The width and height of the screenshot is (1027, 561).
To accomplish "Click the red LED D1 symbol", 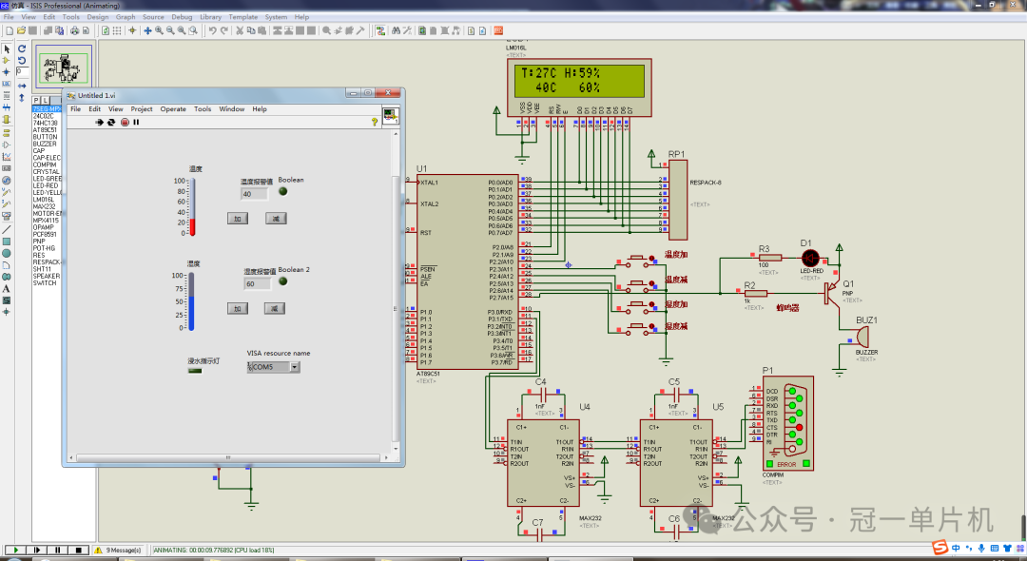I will pyautogui.click(x=810, y=257).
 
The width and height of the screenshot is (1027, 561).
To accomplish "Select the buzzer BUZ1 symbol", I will pyautogui.click(x=863, y=336).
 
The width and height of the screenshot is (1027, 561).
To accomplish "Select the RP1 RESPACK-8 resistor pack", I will pyautogui.click(x=677, y=199).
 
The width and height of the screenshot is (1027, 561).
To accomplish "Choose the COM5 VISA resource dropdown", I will pyautogui.click(x=273, y=367).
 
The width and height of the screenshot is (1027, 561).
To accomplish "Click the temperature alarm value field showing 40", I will pyautogui.click(x=253, y=194).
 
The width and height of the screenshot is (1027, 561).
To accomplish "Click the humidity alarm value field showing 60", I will pyautogui.click(x=257, y=283).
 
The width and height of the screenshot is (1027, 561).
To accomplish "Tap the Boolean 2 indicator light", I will pyautogui.click(x=281, y=283).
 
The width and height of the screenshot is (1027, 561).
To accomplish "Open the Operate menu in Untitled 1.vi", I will pyautogui.click(x=173, y=109).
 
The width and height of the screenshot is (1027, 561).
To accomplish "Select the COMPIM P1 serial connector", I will pyautogui.click(x=786, y=426).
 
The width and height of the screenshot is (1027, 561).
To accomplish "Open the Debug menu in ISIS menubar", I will pyautogui.click(x=182, y=17).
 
